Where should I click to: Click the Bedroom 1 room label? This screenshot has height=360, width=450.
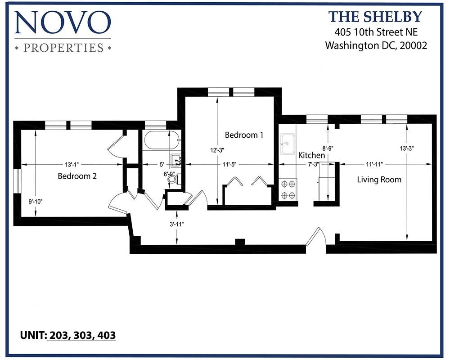[x=244, y=135]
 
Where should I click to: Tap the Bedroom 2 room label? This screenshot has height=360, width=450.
[x=77, y=176]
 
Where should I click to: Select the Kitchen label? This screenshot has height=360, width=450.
[x=311, y=155]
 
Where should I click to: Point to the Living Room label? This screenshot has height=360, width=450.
[x=379, y=180]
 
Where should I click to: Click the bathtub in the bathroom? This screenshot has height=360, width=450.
[x=161, y=141]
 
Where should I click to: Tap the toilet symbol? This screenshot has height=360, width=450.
[x=173, y=179]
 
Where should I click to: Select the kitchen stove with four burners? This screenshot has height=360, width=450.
[x=288, y=189]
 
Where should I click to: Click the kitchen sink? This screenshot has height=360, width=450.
[x=287, y=144]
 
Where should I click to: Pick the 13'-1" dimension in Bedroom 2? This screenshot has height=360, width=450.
[x=72, y=164]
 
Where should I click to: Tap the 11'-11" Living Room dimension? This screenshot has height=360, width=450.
[x=374, y=164]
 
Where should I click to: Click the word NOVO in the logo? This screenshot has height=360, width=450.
[x=63, y=22]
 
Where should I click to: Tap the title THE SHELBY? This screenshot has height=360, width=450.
[x=375, y=17]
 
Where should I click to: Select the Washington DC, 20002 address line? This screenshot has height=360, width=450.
[x=376, y=45]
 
